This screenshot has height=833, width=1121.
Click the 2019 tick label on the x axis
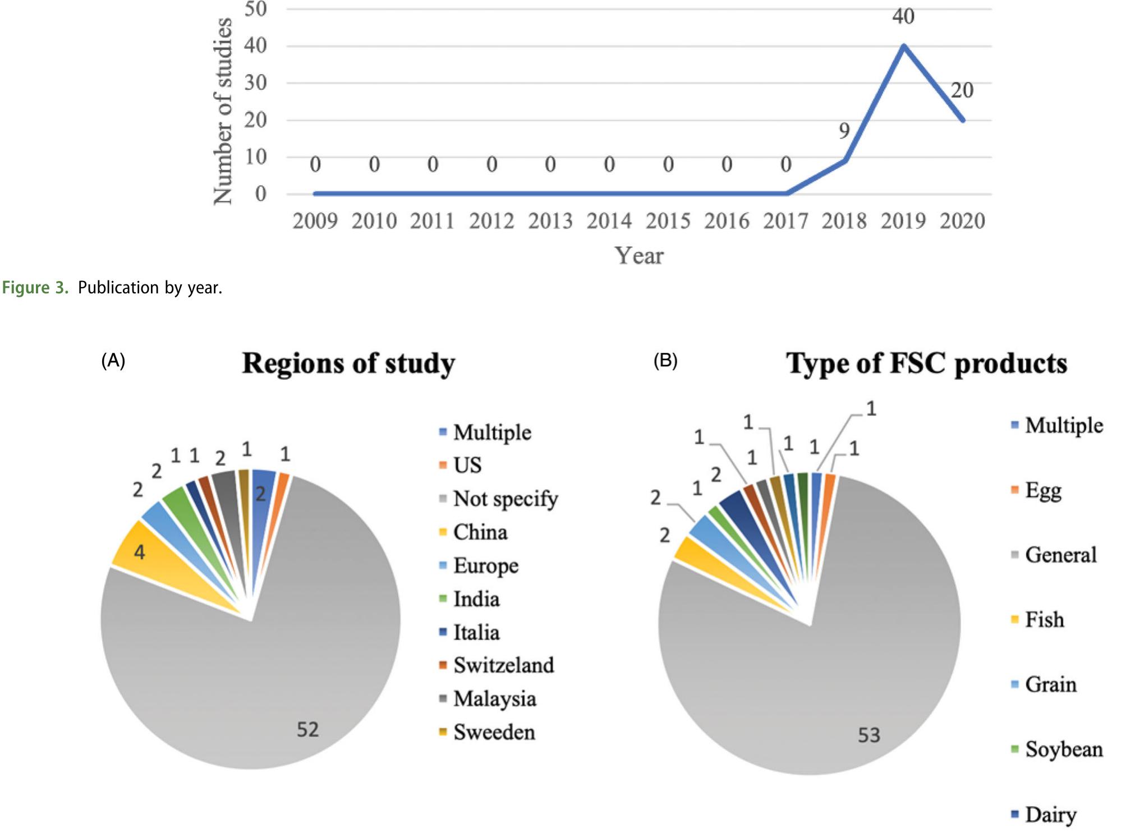[903, 221]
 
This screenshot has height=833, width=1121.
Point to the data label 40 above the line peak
[903, 16]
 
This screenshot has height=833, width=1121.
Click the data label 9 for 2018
[844, 131]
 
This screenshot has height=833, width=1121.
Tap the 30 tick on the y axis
[255, 83]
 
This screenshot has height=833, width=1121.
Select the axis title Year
[638, 256]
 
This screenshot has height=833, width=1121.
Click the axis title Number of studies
[223, 111]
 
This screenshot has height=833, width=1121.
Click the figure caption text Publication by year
[150, 288]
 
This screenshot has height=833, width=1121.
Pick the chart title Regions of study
[348, 363]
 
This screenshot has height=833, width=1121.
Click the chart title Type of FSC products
[926, 363]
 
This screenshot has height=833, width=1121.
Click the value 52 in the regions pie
[307, 729]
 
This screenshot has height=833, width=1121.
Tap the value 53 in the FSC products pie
[869, 735]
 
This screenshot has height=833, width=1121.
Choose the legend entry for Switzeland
[503, 665]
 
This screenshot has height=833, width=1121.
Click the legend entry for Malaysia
[494, 699]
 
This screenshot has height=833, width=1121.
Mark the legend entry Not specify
[505, 498]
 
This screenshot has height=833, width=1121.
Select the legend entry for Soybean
[1063, 749]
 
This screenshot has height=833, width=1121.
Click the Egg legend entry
[1043, 490]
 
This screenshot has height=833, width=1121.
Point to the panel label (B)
[665, 360]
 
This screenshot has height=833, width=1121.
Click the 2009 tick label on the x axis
[315, 221]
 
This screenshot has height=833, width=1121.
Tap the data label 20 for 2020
[962, 90]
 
